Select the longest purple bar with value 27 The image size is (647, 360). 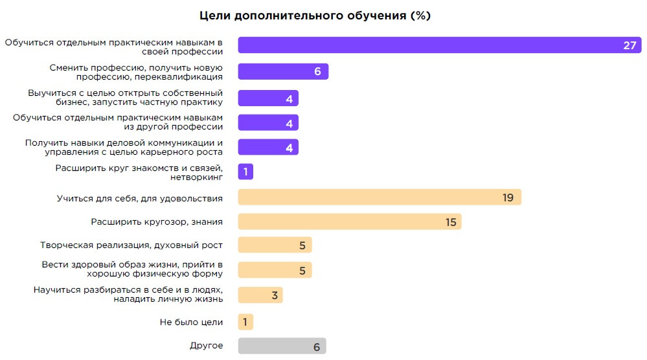427,45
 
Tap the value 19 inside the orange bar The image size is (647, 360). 508,197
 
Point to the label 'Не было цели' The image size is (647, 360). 191,322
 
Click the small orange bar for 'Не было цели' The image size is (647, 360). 245,322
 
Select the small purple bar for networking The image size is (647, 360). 245,172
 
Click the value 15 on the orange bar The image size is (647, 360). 451,222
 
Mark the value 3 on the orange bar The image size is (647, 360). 275,296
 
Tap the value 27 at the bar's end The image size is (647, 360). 630,45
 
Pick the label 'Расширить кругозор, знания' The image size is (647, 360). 157,221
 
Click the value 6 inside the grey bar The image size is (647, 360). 317,346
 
